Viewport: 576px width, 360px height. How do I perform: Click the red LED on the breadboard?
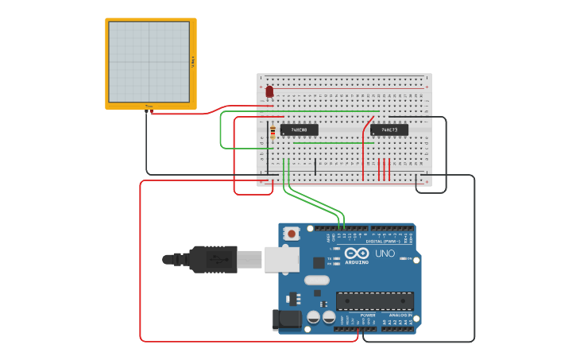[x=269, y=92]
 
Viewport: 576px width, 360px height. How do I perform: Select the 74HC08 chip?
[x=299, y=130]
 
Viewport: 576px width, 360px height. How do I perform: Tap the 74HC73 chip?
[x=389, y=130]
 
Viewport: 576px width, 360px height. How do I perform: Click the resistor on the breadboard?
[x=273, y=132]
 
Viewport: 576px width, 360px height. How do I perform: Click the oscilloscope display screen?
[x=149, y=61]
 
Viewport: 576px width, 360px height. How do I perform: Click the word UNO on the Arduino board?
[x=385, y=254]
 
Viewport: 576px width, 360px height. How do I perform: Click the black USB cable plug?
[x=211, y=259]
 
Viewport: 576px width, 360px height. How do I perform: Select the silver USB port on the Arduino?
[x=281, y=259]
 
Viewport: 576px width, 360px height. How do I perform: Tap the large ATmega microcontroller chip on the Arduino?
[x=375, y=301]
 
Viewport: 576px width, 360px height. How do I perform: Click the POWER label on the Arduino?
[x=368, y=315]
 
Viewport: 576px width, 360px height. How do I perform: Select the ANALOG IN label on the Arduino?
[x=400, y=315]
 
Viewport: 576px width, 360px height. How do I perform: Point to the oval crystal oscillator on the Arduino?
[x=316, y=280]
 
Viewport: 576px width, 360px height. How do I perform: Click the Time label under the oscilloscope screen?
[x=149, y=106]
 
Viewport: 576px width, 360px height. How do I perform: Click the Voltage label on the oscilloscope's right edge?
[x=193, y=62]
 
